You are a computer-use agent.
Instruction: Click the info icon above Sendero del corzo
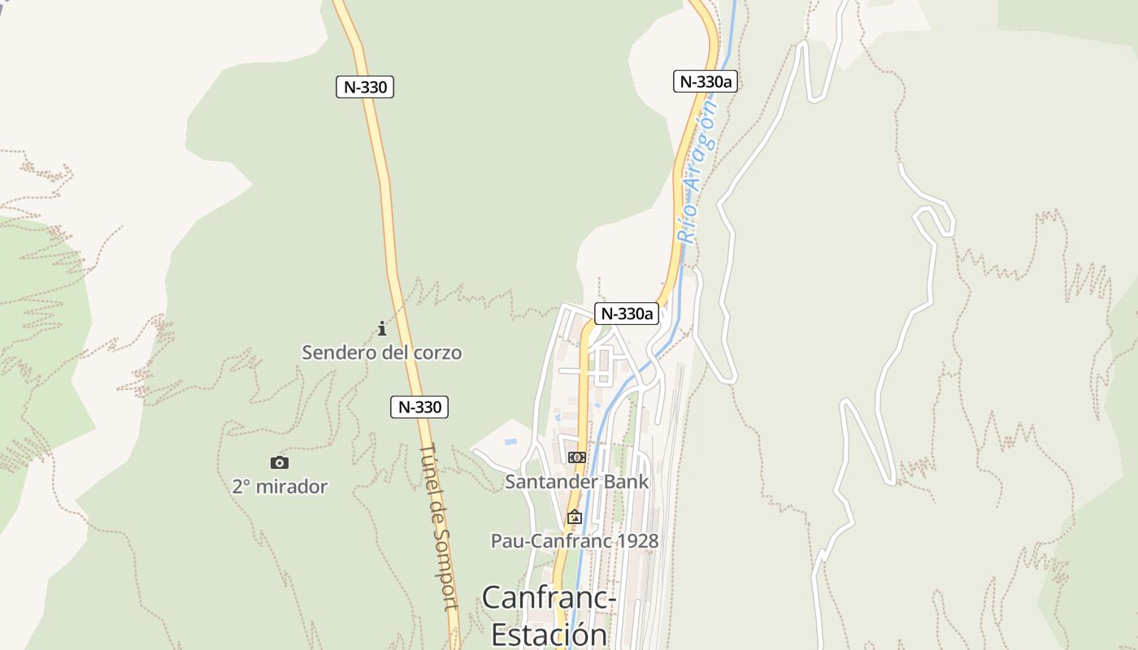coord(381,328)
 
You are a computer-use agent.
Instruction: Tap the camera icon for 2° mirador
coord(280,462)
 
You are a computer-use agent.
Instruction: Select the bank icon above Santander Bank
coord(576,457)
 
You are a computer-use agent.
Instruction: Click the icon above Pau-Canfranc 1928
coord(575,516)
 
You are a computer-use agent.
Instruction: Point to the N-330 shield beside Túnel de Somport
coord(419,407)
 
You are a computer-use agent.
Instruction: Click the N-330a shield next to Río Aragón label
coord(705,81)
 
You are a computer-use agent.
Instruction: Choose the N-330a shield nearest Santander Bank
coord(626,314)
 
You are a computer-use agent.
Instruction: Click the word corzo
coord(436,353)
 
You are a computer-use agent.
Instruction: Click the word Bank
coord(627,481)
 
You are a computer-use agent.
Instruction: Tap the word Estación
coord(549,635)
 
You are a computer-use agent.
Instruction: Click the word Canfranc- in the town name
coord(549,598)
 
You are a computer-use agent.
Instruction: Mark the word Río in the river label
coord(688,227)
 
